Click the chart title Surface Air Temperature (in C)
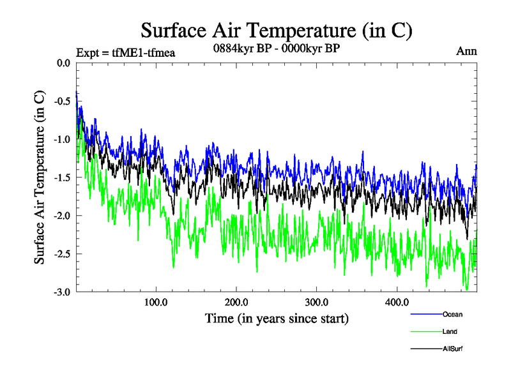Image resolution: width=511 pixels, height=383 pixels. tap(276, 30)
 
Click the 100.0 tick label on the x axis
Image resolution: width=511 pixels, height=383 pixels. tap(156, 302)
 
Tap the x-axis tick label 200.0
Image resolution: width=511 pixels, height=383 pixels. tap(236, 302)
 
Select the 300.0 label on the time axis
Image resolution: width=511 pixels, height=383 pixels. tap(317, 302)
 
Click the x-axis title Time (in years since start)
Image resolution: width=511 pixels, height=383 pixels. tap(276, 317)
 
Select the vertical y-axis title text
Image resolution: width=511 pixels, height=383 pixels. tap(40, 177)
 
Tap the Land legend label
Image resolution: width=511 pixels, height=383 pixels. tap(450, 331)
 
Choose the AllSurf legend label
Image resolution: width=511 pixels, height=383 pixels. tap(453, 349)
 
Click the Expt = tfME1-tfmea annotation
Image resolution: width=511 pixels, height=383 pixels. tap(125, 52)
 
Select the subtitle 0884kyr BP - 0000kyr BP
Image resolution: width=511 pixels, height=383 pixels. tap(276, 47)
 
